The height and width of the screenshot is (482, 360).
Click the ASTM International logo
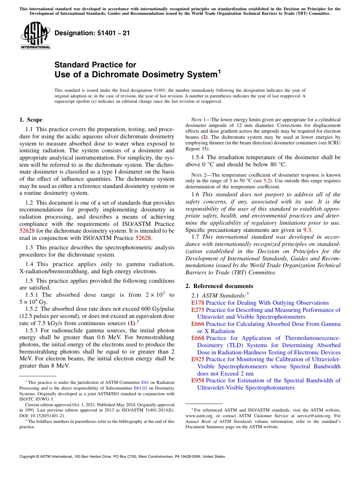tap(35, 36)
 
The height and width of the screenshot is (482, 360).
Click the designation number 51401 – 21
tap(92, 33)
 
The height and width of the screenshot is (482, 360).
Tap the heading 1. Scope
tap(31, 120)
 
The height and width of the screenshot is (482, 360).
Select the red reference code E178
tap(197, 303)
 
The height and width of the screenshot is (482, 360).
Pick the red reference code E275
tap(197, 310)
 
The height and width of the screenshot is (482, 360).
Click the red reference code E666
tap(197, 324)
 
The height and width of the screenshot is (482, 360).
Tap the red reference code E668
tap(197, 338)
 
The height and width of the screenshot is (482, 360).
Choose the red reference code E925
tap(197, 359)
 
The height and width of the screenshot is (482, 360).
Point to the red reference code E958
tap(197, 380)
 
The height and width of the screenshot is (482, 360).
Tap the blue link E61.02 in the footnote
tap(141, 388)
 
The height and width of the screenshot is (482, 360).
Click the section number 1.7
tap(196, 237)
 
